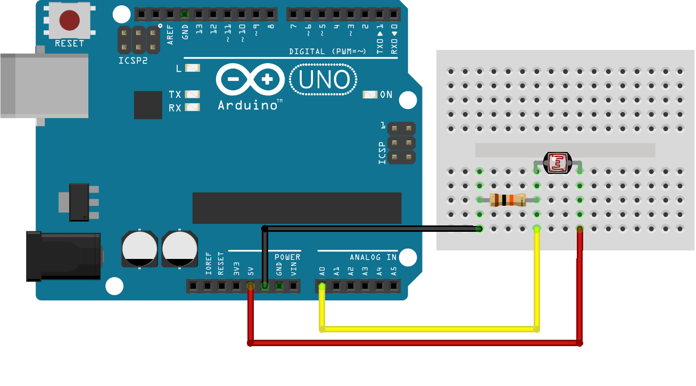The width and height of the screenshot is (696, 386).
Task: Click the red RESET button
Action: [x=69, y=20]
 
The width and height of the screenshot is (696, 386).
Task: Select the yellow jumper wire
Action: [x=429, y=329]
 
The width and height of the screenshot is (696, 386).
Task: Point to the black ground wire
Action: [x=372, y=229]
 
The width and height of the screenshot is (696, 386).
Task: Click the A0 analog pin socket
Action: [x=322, y=287]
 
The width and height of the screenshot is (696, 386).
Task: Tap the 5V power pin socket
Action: [x=250, y=287]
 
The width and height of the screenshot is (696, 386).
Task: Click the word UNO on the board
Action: [x=324, y=80]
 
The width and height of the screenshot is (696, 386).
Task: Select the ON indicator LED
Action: [x=370, y=95]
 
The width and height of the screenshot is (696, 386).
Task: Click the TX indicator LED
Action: [x=193, y=94]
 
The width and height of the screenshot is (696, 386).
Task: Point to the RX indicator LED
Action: [x=193, y=107]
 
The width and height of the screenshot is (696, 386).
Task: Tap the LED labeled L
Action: [x=193, y=68]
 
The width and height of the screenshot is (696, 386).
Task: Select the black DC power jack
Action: [x=64, y=256]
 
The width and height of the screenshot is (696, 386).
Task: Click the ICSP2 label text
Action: [x=133, y=61]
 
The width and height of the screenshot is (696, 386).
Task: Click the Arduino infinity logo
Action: [x=250, y=80]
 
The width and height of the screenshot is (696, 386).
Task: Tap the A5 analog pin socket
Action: [x=394, y=287]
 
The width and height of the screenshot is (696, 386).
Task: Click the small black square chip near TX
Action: [x=148, y=105]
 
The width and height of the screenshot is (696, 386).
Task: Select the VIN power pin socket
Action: [x=293, y=287]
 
